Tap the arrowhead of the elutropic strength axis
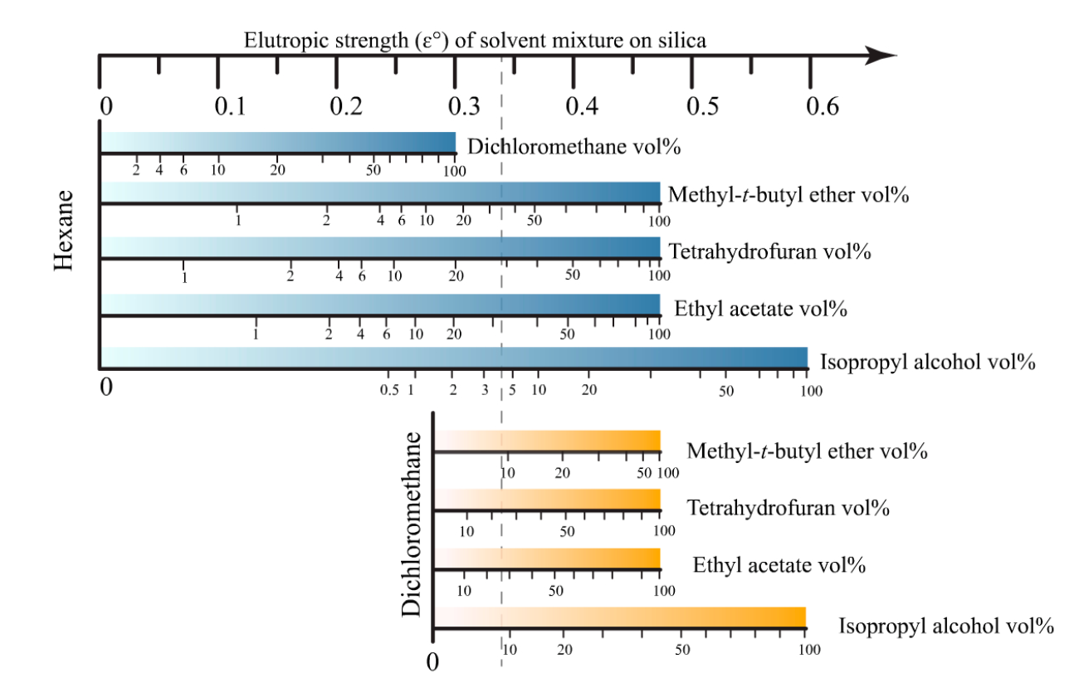(x=881, y=56)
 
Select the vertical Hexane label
(x=66, y=230)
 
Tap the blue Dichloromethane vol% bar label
(x=574, y=147)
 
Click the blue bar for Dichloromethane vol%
(x=278, y=142)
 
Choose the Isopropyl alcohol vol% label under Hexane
(x=927, y=362)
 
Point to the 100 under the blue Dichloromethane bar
(x=454, y=171)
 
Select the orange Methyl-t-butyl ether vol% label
(x=807, y=451)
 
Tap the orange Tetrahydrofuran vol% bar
(x=547, y=499)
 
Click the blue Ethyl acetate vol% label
(x=760, y=310)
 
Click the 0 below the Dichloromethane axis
(x=432, y=663)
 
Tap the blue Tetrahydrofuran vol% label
(x=769, y=251)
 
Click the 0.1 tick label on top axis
(x=229, y=107)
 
